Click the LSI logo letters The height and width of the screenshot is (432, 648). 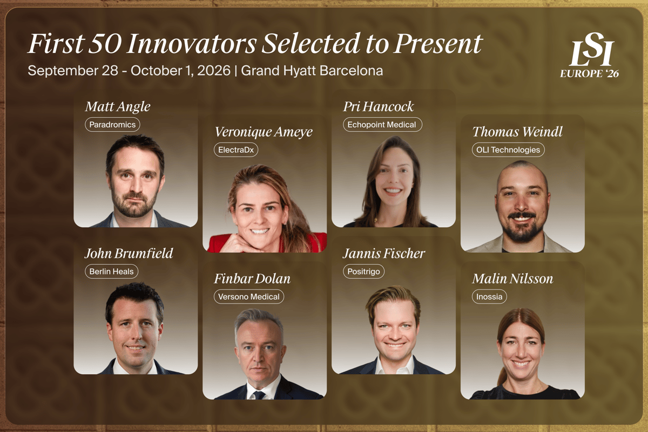tap(592, 49)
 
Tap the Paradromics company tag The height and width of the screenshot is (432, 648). tap(112, 125)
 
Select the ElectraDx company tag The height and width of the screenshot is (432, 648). tap(236, 150)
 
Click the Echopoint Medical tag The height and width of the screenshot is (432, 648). tap(382, 125)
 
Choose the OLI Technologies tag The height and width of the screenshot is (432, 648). tap(508, 150)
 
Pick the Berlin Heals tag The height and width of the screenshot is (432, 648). tap(111, 272)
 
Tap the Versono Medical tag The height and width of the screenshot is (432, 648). tap(249, 296)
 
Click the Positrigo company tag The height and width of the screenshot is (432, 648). tap(363, 272)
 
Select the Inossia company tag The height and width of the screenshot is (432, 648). tap(489, 296)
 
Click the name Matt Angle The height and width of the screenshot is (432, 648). tap(118, 107)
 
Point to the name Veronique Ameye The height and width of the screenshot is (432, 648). tap(264, 132)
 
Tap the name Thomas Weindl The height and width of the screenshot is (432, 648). tap(517, 132)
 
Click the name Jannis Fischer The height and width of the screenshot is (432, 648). tap(384, 253)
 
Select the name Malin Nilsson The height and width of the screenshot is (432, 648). tap(512, 279)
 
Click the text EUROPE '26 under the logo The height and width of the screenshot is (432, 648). tap(589, 73)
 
